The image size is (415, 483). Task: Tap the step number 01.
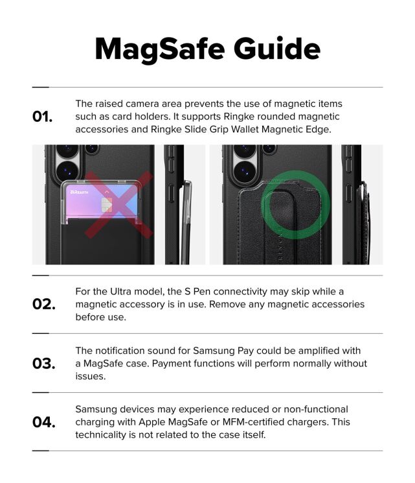pos(43,117)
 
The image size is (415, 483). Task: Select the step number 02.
pos(43,304)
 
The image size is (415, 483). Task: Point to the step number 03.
pos(43,363)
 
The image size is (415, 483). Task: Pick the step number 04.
pos(43,422)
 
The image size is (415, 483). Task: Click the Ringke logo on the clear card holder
pos(80,192)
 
